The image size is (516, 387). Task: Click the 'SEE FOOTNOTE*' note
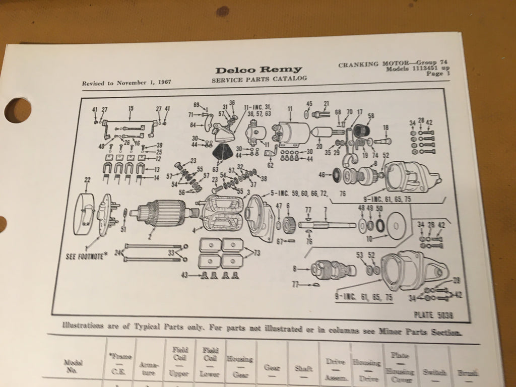pyautogui.click(x=87, y=255)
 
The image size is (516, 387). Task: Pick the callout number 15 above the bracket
pyautogui.click(x=131, y=108)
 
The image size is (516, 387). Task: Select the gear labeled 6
pyautogui.click(x=288, y=224)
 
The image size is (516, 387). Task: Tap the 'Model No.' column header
pyautogui.click(x=71, y=366)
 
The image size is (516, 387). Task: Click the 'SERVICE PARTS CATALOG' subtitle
pyautogui.click(x=259, y=80)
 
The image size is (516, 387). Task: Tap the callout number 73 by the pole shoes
pyautogui.click(x=257, y=252)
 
